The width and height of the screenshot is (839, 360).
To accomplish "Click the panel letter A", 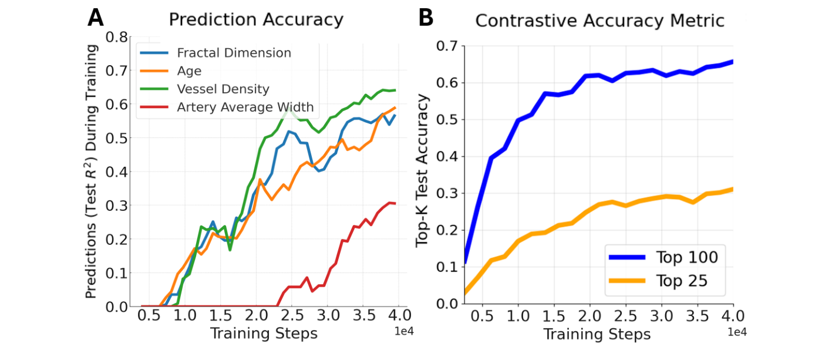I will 96,18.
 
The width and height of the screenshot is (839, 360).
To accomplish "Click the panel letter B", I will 426,18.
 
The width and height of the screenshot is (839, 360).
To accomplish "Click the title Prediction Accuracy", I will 255,19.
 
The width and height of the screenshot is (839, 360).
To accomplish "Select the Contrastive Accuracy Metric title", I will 599,21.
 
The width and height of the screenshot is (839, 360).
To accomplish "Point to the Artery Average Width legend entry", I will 245,107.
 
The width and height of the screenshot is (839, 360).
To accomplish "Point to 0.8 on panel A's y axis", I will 116,37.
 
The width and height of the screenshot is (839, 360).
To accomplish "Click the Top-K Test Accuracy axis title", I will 423,170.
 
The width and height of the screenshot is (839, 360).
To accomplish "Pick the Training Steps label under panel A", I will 264,334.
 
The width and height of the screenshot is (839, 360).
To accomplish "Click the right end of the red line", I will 395,203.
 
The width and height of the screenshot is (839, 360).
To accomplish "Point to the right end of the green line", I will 395,90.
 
